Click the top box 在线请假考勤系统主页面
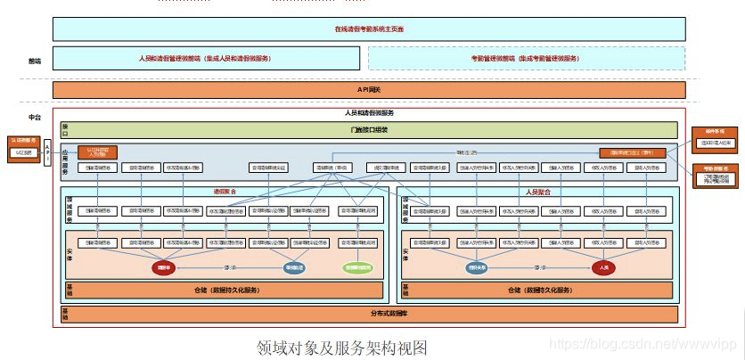pos(369,29)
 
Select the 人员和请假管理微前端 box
pos(205,58)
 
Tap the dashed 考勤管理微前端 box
pos(526,58)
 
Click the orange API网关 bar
pos(369,90)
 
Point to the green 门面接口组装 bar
pos(369,130)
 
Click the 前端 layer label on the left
pos(35,61)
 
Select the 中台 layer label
pos(35,118)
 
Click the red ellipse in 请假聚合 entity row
pos(164,266)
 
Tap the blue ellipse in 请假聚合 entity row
pos(294,266)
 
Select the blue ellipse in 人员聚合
pos(476,266)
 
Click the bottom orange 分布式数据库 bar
pos(369,314)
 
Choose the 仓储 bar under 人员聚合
pos(539,290)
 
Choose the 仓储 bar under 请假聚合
pos(225,290)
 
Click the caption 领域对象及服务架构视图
pos(342,346)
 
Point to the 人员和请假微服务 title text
pos(369,113)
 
